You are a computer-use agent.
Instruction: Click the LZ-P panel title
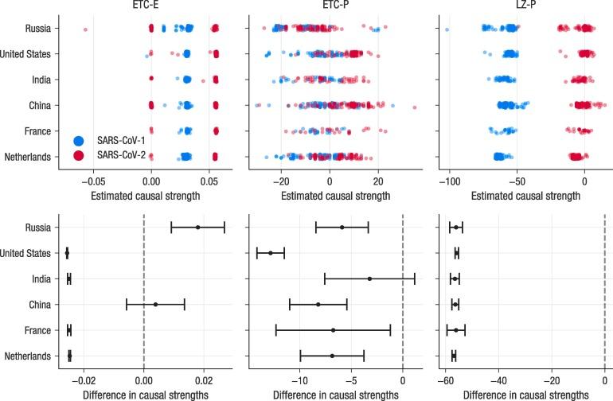521,6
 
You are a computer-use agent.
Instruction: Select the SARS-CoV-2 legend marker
78,156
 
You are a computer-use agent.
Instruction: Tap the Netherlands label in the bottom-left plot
27,356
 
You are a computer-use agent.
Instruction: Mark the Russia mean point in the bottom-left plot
197,228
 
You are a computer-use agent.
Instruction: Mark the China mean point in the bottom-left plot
156,305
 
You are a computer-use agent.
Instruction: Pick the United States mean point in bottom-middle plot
271,253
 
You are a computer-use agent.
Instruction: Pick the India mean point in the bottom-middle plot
369,279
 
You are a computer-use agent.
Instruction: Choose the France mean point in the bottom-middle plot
333,330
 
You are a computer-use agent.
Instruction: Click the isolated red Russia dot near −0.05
85,29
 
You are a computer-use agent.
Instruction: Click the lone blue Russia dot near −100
447,30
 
